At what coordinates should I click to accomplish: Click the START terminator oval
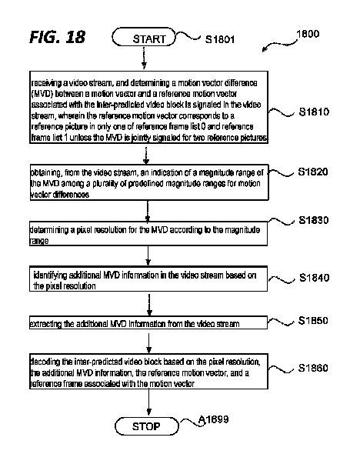[x=144, y=38]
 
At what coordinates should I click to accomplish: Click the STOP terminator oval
[x=145, y=425]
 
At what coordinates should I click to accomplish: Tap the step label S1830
[x=315, y=220]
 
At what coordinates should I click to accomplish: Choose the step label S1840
[x=315, y=277]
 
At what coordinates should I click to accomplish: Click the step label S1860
[x=315, y=369]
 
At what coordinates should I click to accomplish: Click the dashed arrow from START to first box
[x=145, y=60]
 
